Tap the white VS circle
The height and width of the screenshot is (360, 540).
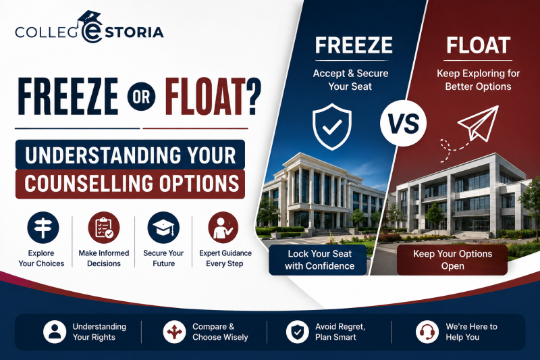403,124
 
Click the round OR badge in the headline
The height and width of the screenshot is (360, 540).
141,97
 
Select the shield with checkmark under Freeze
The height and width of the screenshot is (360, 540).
332,126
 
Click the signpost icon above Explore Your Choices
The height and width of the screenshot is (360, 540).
43,228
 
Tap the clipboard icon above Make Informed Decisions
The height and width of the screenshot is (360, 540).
104,228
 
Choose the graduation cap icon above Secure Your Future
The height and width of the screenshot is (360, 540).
163,228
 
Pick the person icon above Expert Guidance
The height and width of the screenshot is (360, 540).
223,228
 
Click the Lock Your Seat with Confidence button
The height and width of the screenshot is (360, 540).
317,260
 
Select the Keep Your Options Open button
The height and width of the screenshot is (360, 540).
452,260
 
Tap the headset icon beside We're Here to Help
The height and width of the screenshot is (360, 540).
427,332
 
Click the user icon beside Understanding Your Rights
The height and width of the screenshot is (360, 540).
55,332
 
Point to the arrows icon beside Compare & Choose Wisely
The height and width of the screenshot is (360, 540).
174,332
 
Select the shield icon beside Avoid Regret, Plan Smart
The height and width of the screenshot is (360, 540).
297,332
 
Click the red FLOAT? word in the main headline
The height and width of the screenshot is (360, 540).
213,97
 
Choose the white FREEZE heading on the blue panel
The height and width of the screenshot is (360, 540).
354,45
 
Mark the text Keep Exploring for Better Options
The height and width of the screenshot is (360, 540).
478,80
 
